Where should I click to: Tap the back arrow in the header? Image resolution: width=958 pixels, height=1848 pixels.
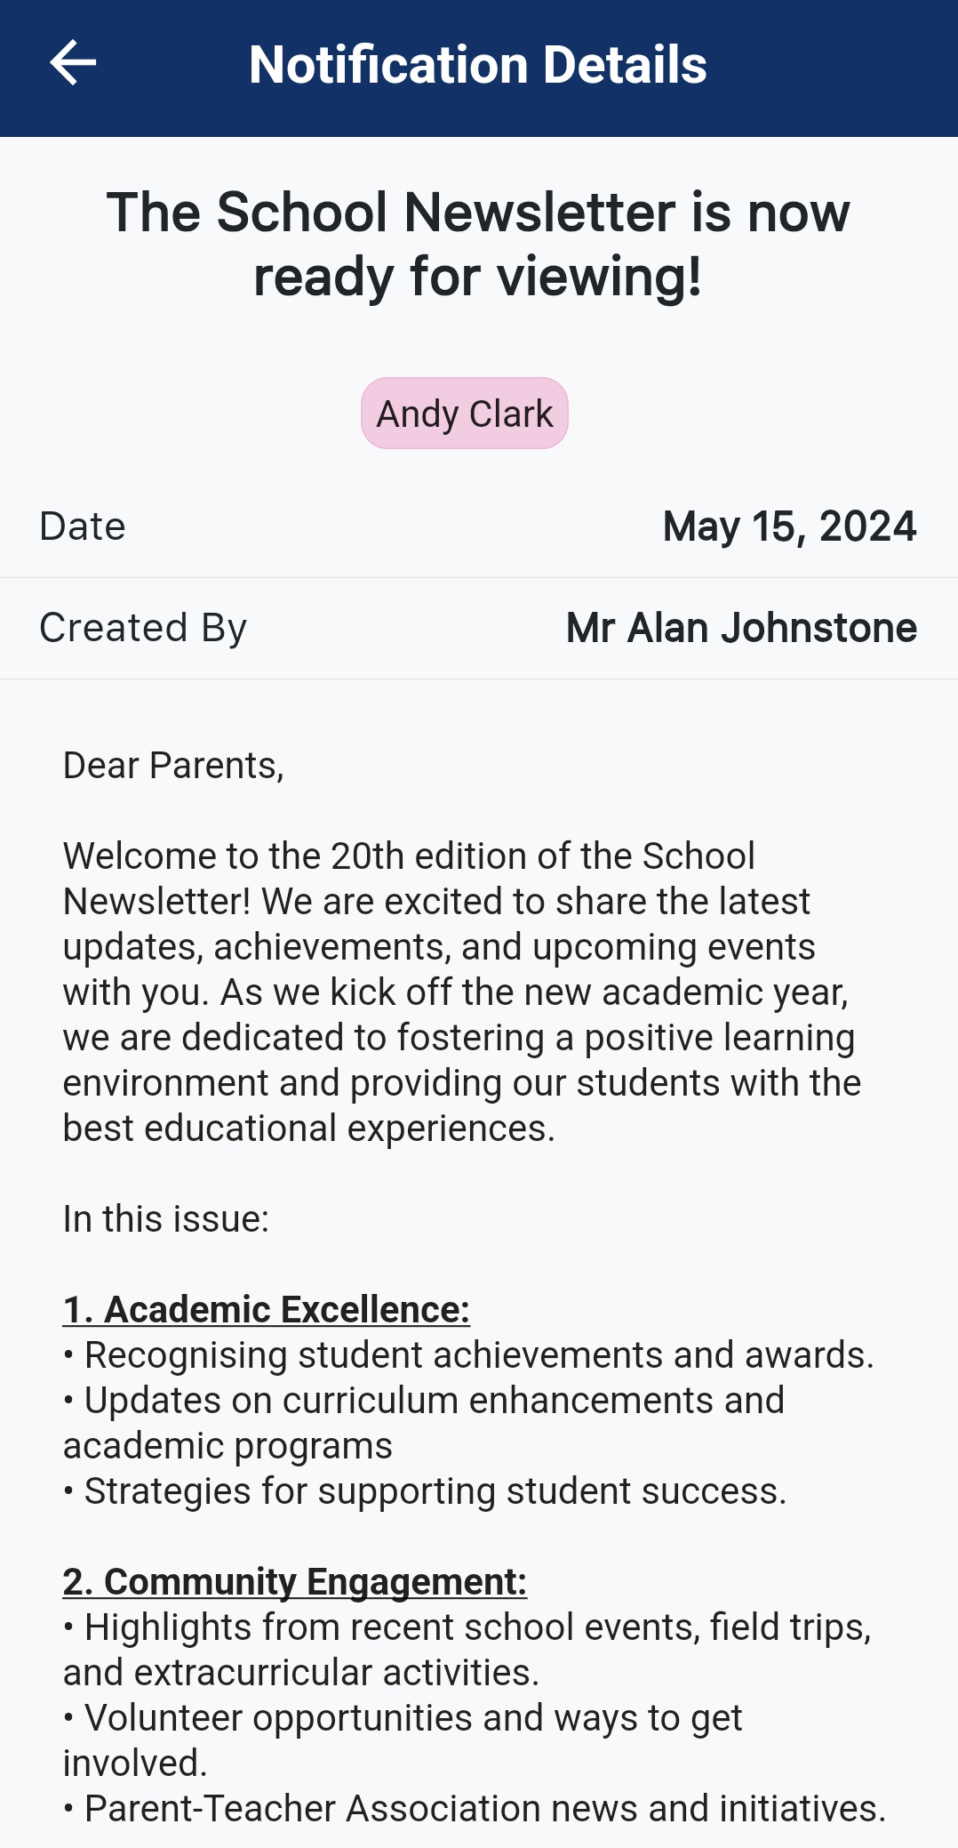(73, 64)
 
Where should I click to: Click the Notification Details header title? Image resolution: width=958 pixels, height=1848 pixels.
(478, 65)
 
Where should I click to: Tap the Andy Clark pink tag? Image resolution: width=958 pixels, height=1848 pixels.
(464, 414)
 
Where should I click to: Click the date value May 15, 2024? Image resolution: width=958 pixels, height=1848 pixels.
(789, 526)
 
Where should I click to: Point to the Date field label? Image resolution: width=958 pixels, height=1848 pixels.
(83, 526)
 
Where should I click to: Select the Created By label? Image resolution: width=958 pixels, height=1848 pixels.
(143, 628)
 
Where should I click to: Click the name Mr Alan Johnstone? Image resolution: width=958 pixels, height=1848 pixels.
(741, 628)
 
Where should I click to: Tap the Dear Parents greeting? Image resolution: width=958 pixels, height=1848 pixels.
(173, 766)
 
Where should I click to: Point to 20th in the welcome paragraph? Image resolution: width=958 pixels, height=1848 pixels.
(367, 856)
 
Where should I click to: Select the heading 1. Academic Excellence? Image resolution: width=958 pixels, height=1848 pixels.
(266, 1310)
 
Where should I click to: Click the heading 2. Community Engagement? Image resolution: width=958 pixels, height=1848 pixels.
(294, 1582)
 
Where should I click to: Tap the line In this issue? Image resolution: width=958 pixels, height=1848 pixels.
(165, 1219)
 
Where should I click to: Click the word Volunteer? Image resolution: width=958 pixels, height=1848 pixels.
(162, 1718)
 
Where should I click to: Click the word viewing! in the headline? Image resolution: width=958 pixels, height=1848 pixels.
(600, 277)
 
